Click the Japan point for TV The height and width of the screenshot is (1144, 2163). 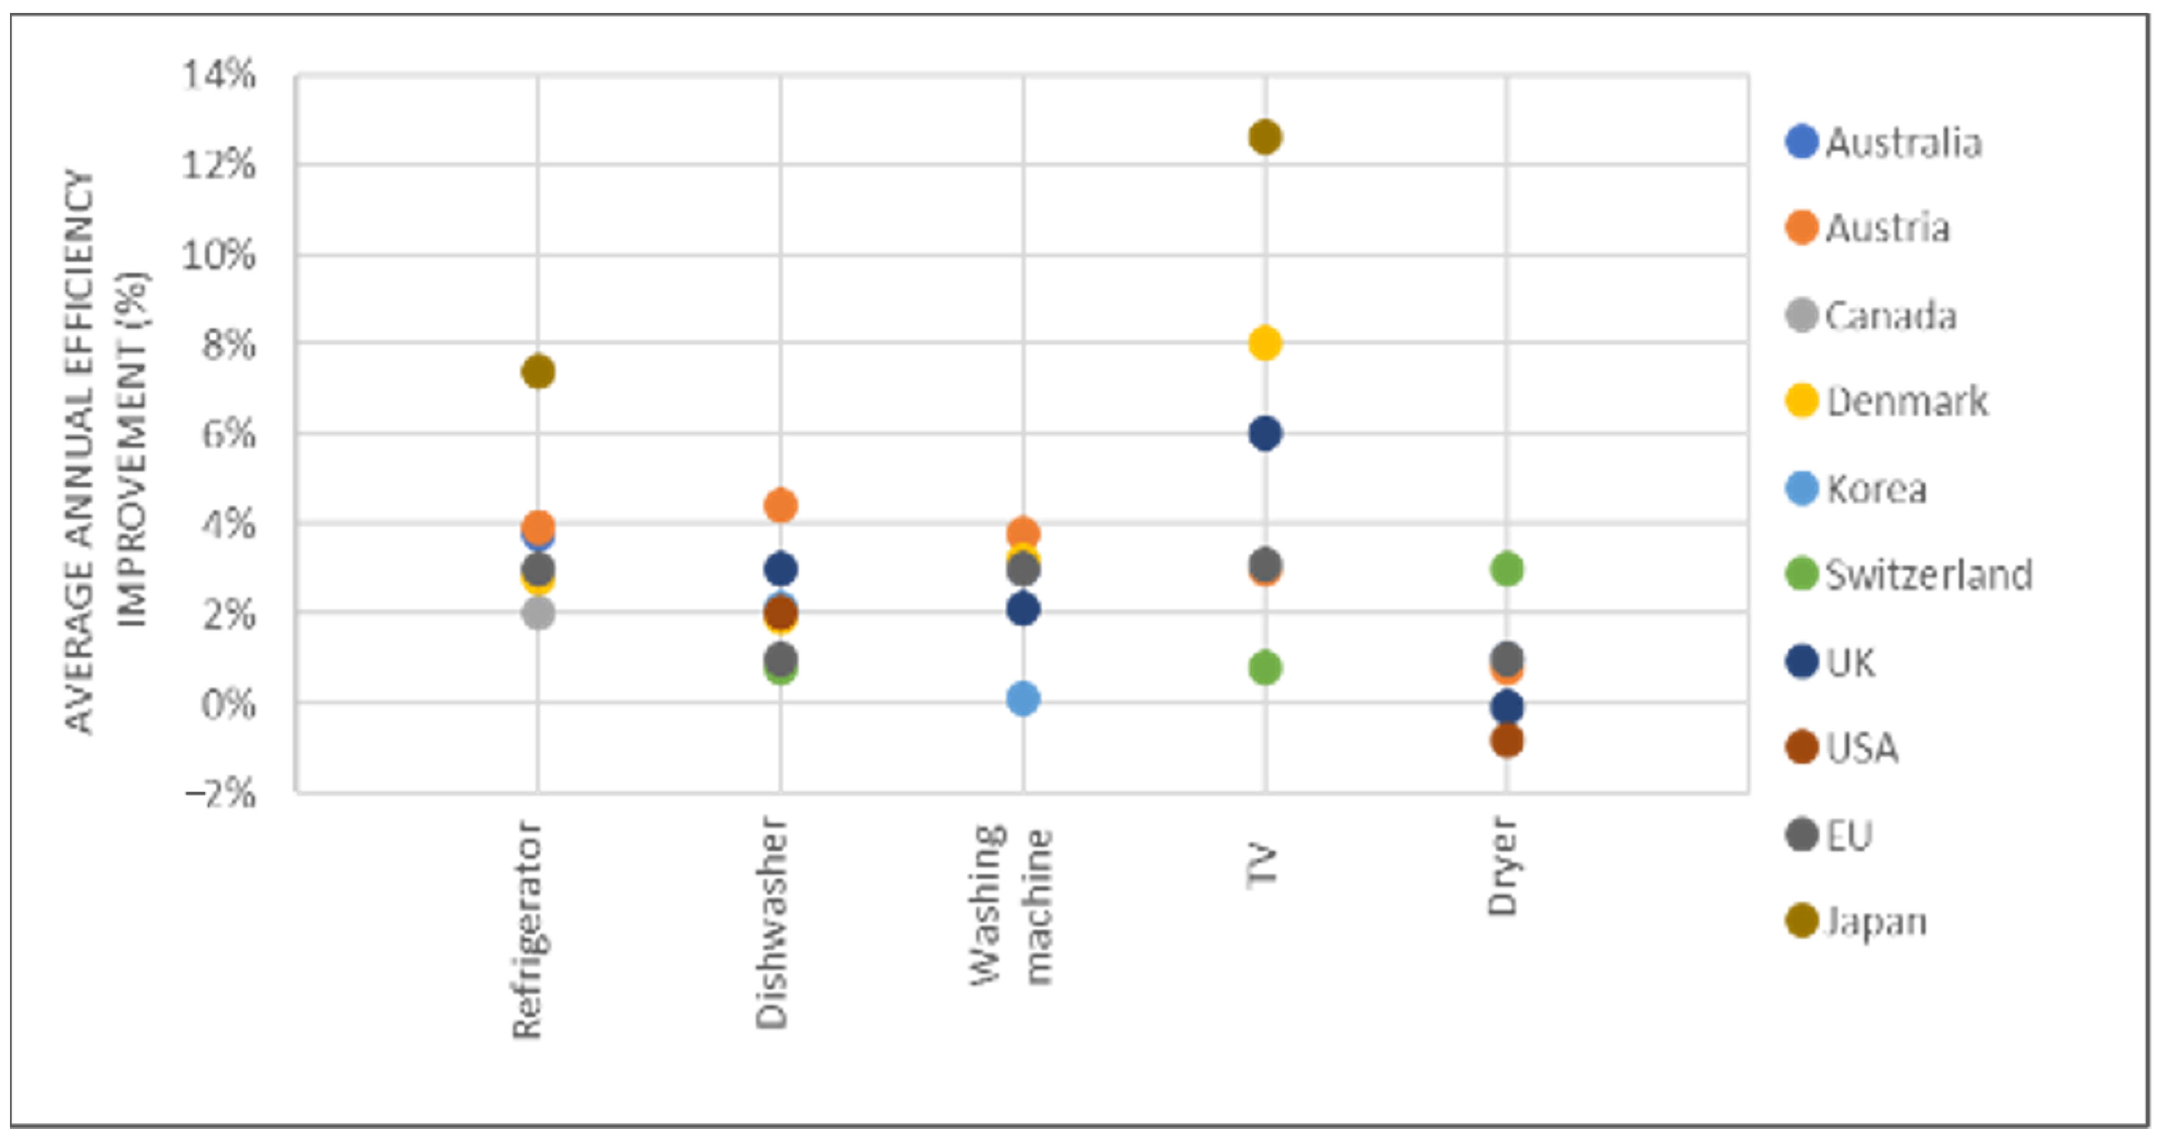pyautogui.click(x=1265, y=137)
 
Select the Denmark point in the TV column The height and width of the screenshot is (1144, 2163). pyautogui.click(x=1265, y=343)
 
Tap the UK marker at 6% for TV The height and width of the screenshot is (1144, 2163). pyautogui.click(x=1265, y=434)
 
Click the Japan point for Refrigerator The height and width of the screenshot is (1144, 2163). pyautogui.click(x=538, y=371)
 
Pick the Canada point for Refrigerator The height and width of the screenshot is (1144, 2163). pyautogui.click(x=538, y=613)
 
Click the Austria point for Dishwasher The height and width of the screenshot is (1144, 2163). pyautogui.click(x=780, y=505)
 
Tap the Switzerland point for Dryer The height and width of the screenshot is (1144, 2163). pyautogui.click(x=1507, y=569)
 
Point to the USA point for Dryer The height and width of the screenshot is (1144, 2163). pyautogui.click(x=1507, y=741)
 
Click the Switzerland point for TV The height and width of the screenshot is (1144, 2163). pyautogui.click(x=1265, y=668)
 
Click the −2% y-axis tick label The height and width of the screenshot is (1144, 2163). pyautogui.click(x=219, y=792)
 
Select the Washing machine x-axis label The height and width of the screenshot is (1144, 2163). pyautogui.click(x=1012, y=905)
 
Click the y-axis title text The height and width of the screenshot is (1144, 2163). pyautogui.click(x=105, y=454)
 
